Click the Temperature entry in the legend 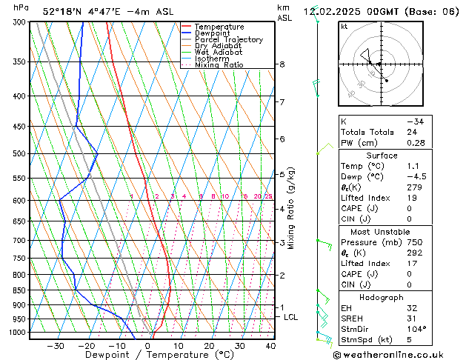point(220,27)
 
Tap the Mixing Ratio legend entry point(219,65)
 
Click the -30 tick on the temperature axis point(56,345)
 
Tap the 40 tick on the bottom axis point(270,345)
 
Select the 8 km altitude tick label point(282,65)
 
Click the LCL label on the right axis point(291,317)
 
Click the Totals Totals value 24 point(412,132)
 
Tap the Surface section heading point(382,156)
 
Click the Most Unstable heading point(382,232)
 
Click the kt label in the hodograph point(344,27)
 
